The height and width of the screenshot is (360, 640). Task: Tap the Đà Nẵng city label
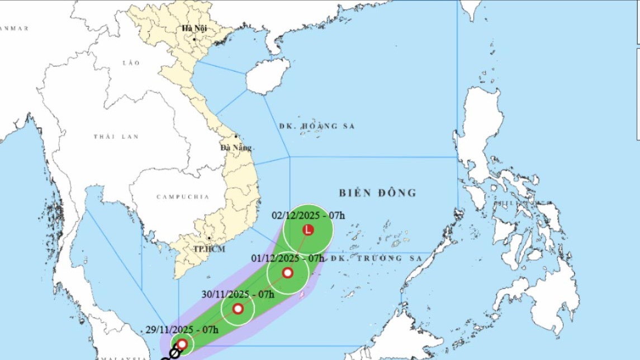pyautogui.click(x=236, y=148)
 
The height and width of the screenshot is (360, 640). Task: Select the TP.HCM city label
pyautogui.click(x=209, y=249)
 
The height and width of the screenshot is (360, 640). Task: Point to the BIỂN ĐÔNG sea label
pyautogui.click(x=378, y=193)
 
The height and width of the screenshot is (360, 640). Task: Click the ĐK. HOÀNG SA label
pyautogui.click(x=317, y=126)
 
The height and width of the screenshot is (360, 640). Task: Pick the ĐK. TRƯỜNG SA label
pyautogui.click(x=374, y=258)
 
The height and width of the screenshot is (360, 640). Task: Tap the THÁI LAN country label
pyautogui.click(x=116, y=136)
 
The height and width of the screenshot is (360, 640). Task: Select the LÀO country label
pyautogui.click(x=131, y=63)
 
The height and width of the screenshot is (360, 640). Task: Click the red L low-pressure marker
pyautogui.click(x=307, y=230)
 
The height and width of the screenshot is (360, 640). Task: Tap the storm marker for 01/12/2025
pyautogui.click(x=287, y=273)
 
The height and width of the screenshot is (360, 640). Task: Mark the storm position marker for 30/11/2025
pyautogui.click(x=238, y=309)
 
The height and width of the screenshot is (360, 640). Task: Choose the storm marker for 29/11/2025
pyautogui.click(x=182, y=344)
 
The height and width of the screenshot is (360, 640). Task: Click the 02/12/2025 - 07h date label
pyautogui.click(x=309, y=215)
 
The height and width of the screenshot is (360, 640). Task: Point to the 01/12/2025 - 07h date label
pyautogui.click(x=287, y=258)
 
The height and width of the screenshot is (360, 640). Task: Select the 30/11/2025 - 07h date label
pyautogui.click(x=238, y=295)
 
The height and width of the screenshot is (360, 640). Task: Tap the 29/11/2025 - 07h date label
pyautogui.click(x=182, y=330)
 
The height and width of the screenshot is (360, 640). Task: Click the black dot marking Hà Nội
pyautogui.click(x=194, y=39)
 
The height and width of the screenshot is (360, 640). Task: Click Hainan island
pyautogui.click(x=267, y=77)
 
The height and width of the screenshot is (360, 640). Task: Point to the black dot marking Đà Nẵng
pyautogui.click(x=236, y=136)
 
